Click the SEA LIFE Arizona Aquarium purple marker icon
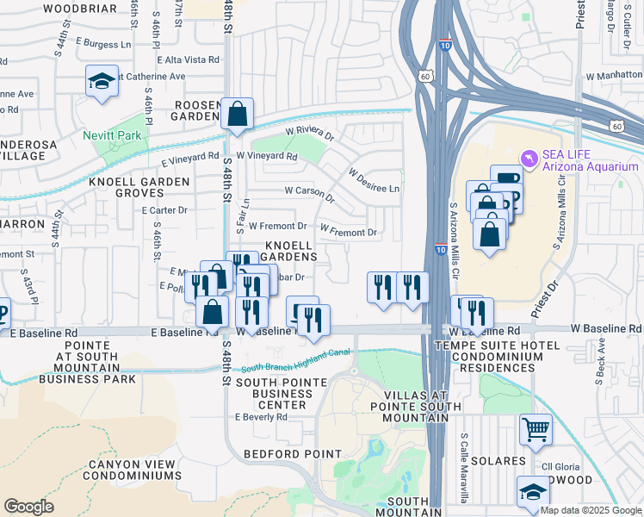[x=530, y=156]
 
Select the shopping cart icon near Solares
[x=536, y=429]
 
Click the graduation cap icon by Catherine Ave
[x=102, y=83]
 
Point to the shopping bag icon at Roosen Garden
[x=237, y=114]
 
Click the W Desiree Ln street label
[x=374, y=180]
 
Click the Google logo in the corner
[x=28, y=507]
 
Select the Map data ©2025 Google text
[x=590, y=510]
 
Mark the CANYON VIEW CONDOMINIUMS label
[x=133, y=470]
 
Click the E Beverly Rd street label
[x=261, y=417]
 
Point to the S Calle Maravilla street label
[x=464, y=470]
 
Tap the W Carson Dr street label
[x=308, y=190]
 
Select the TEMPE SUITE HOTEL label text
[x=500, y=346]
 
